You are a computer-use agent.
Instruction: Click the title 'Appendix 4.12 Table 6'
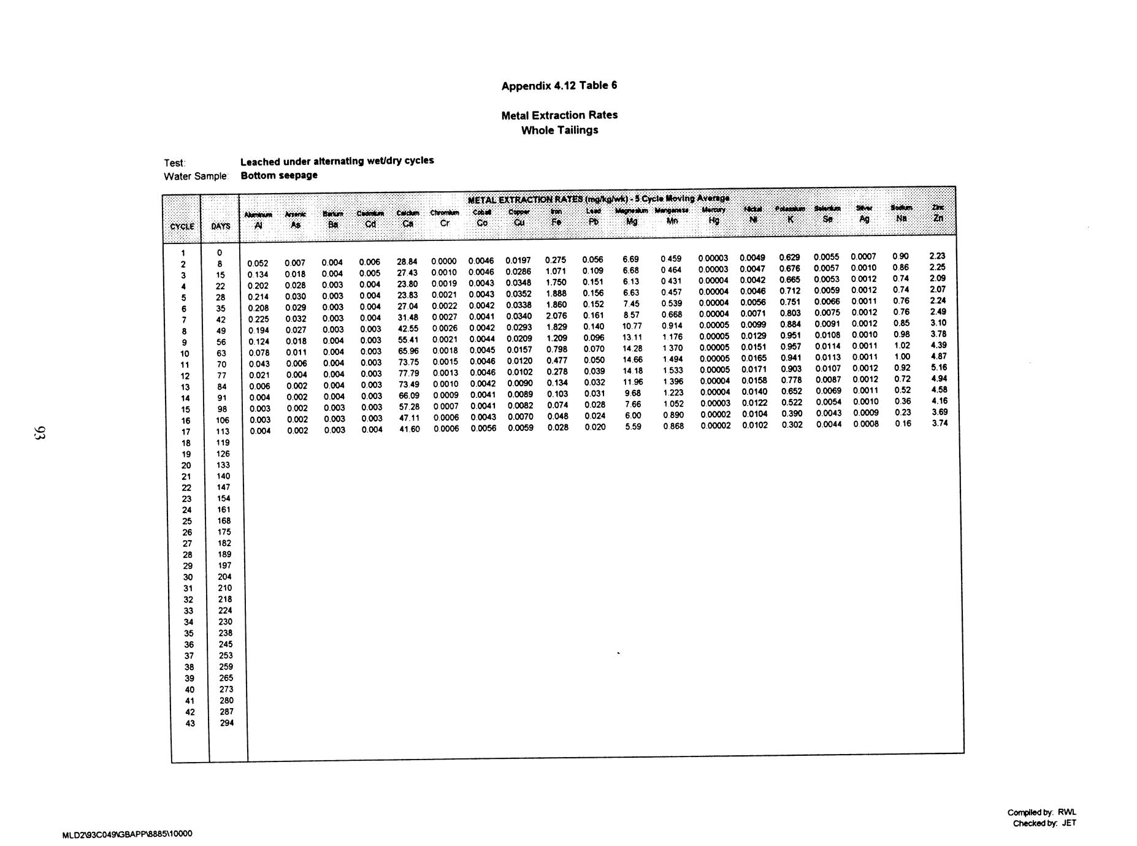(559, 86)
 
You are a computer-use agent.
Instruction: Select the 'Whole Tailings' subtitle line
(559, 130)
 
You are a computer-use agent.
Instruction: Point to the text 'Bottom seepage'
(279, 175)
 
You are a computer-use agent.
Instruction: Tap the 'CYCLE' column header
(182, 226)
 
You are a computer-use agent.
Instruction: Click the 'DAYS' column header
(221, 226)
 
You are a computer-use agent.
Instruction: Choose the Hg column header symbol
(713, 220)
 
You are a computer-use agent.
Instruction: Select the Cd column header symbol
(370, 224)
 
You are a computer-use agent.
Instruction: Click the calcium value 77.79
(409, 373)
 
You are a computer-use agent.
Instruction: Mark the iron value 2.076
(556, 316)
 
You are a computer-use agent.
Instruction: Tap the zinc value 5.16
(939, 367)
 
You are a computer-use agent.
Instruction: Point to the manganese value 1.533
(673, 370)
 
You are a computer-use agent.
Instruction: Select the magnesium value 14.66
(632, 360)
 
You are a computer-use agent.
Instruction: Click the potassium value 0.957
(791, 346)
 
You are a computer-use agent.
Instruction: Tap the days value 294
(226, 723)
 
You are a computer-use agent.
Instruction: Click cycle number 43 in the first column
(190, 723)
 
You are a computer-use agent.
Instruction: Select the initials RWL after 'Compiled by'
(1066, 812)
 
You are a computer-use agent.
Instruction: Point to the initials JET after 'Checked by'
(1068, 823)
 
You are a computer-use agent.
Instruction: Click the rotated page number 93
(40, 433)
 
